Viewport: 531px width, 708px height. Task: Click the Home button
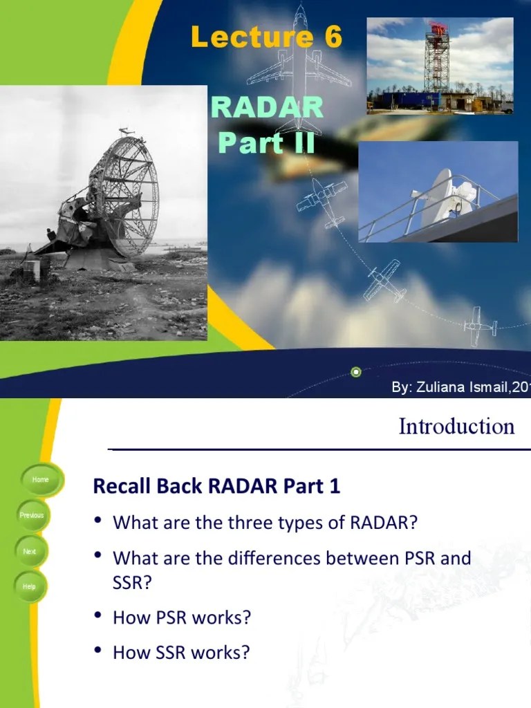(x=40, y=480)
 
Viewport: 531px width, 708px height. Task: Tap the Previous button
(x=32, y=516)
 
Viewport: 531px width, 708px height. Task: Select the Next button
(x=30, y=552)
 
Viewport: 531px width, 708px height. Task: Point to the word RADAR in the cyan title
(x=267, y=108)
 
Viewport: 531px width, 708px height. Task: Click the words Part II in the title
(x=267, y=142)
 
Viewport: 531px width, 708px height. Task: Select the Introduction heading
(x=456, y=427)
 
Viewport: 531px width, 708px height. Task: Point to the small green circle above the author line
(x=356, y=372)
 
